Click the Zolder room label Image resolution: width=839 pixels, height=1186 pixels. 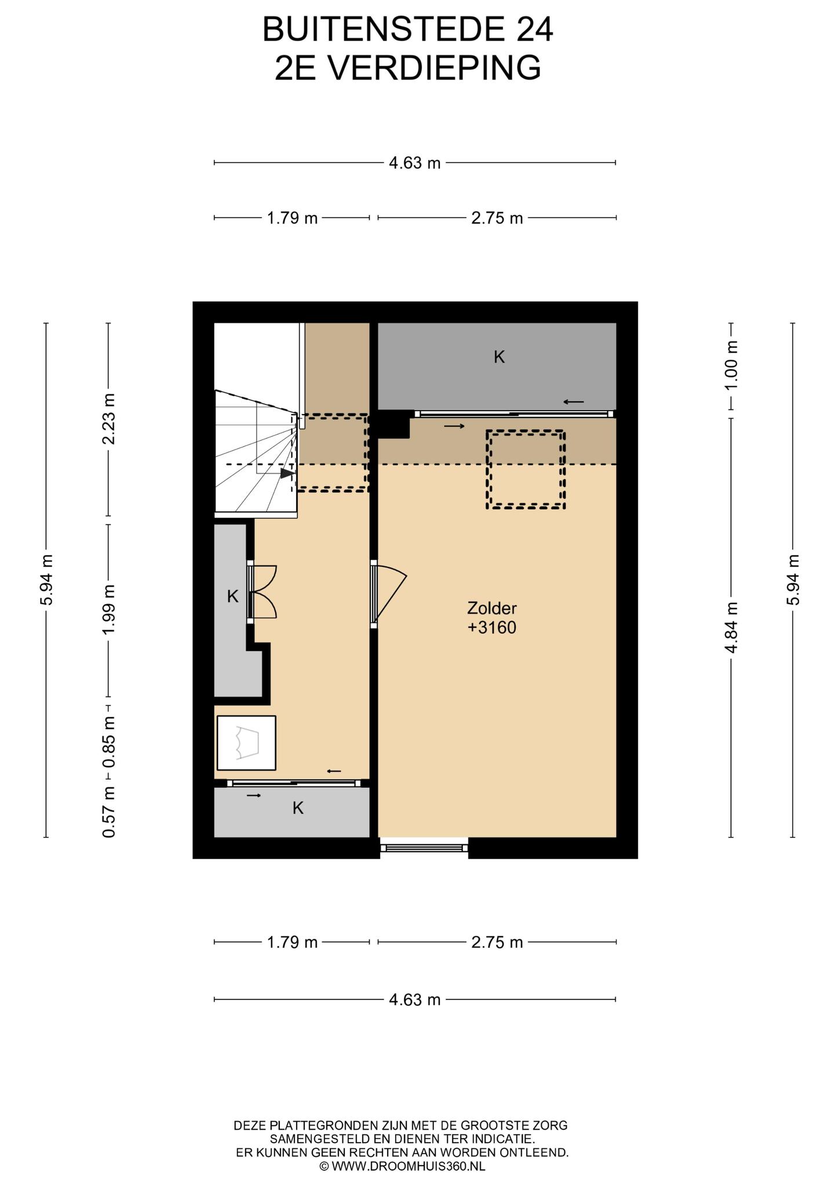(491, 608)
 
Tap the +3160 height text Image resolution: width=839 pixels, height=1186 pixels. (491, 628)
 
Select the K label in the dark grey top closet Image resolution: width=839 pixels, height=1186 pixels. (499, 357)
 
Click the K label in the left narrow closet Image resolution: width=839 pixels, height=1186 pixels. (232, 596)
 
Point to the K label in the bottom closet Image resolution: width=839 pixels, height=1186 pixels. (298, 808)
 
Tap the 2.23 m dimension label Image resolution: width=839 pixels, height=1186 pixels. (108, 419)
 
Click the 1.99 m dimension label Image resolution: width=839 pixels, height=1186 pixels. (108, 609)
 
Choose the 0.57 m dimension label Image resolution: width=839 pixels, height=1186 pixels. (108, 811)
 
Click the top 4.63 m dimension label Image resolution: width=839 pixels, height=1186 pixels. (414, 163)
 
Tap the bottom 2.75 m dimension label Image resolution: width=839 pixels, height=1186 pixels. (497, 942)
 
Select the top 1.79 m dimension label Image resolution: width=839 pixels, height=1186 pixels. (292, 218)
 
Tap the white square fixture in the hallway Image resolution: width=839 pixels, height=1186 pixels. (246, 743)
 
